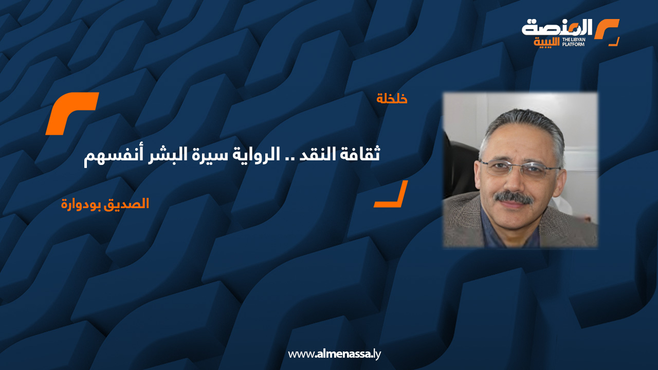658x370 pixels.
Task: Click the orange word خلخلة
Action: pos(392,99)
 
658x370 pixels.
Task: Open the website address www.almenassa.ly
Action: pos(334,354)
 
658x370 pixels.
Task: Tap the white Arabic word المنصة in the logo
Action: pos(557,27)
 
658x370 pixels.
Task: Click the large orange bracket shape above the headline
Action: pos(71,114)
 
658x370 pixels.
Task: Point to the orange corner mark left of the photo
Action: pos(391,195)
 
